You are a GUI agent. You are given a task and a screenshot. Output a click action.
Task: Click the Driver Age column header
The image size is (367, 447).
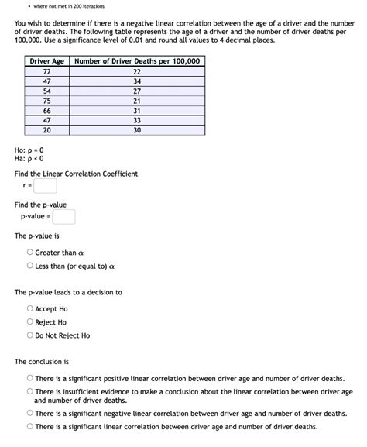click(x=46, y=61)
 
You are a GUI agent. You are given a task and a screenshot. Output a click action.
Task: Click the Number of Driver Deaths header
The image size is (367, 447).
click(x=137, y=61)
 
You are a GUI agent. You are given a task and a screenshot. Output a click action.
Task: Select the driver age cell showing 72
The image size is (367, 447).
click(x=46, y=71)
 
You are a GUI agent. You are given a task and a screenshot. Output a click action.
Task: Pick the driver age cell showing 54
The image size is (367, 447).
click(x=46, y=91)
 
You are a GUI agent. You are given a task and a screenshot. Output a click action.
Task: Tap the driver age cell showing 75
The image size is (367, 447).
click(x=46, y=101)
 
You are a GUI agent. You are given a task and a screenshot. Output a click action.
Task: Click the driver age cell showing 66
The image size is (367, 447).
click(x=46, y=111)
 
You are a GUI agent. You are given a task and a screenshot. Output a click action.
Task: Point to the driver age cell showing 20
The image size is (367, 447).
click(x=46, y=130)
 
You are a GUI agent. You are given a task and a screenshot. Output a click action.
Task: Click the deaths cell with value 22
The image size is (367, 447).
click(x=137, y=71)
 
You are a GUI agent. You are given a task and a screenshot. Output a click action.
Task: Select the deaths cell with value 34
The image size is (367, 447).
click(x=137, y=81)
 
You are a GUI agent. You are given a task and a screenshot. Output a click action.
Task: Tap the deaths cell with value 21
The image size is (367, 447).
click(x=137, y=101)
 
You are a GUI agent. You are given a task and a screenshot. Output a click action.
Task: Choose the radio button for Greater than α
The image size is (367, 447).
click(x=30, y=253)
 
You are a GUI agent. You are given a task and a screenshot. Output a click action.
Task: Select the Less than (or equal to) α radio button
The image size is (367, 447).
click(x=30, y=266)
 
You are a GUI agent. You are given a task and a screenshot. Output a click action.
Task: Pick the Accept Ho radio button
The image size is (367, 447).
click(x=30, y=308)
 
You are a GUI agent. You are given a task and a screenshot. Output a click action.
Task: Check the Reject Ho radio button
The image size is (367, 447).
click(x=30, y=322)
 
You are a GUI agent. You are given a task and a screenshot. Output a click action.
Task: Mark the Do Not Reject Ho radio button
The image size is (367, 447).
click(x=30, y=335)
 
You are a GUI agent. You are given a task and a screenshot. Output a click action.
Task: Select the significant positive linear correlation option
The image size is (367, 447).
click(x=30, y=379)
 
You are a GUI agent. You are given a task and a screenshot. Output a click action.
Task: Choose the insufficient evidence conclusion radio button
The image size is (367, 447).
click(x=30, y=392)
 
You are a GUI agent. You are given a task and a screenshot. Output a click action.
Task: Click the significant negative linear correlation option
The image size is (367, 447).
click(x=30, y=414)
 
